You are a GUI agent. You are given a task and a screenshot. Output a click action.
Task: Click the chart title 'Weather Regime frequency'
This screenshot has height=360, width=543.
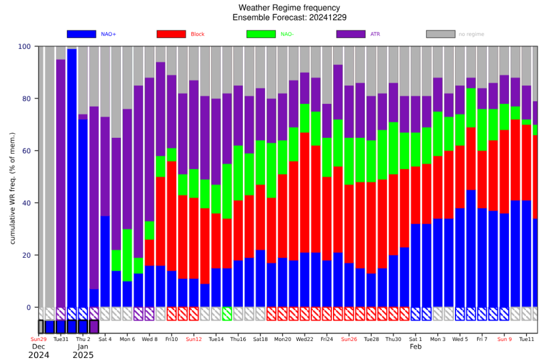tap(289, 7)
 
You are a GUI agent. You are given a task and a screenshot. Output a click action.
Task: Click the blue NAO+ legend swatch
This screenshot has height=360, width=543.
tap(81, 34)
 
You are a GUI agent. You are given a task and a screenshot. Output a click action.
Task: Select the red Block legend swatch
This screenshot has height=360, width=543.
tap(171, 34)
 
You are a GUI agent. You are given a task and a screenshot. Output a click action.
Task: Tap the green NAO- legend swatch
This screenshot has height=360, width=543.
tap(261, 34)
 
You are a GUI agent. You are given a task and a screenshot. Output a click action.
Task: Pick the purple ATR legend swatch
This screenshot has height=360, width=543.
tap(351, 34)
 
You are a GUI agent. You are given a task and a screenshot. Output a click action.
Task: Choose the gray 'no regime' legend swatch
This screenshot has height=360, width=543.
tap(441, 34)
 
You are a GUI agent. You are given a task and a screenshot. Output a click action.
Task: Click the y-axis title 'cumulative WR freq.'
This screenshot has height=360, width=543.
tap(13, 188)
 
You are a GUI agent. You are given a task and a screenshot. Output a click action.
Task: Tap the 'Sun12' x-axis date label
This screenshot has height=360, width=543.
tap(194, 339)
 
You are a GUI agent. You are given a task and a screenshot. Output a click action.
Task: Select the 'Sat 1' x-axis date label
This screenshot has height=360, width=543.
tap(415, 339)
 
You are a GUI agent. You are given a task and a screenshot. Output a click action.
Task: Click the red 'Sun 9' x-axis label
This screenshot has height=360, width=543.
tap(504, 339)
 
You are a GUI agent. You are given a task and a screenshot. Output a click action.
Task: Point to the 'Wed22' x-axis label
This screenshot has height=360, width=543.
tap(304, 339)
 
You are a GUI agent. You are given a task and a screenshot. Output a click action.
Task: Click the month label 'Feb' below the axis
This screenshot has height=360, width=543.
tap(415, 347)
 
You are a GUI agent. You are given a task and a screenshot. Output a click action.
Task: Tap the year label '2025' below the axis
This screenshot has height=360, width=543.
tap(83, 355)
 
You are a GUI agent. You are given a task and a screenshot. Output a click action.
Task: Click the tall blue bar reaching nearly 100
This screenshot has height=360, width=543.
tap(72, 178)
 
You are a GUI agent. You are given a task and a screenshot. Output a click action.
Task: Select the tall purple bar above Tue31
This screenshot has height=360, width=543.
tap(60, 183)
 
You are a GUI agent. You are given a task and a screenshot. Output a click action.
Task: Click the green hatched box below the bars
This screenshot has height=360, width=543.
tap(227, 314)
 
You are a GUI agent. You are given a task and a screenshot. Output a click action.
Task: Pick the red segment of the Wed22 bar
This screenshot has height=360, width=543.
tap(305, 193)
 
